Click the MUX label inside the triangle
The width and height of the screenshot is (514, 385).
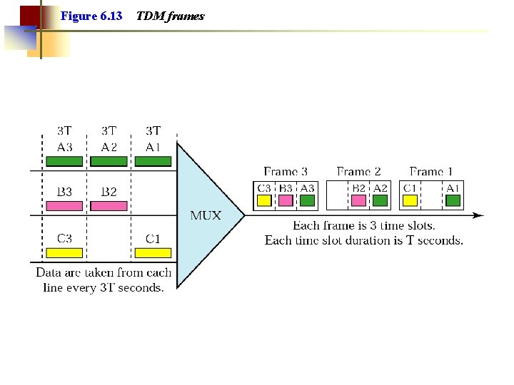[x=206, y=215]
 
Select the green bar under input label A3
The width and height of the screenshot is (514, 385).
[x=64, y=161]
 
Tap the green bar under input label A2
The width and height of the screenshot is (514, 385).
[x=109, y=161]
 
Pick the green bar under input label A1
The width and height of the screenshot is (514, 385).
[x=153, y=161]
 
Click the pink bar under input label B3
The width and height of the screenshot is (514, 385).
[x=64, y=205]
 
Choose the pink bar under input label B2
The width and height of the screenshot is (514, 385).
[x=109, y=205]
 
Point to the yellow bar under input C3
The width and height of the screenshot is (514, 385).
[x=64, y=252]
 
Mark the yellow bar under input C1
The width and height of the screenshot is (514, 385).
[x=153, y=252]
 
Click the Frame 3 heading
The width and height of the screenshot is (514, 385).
[x=286, y=172]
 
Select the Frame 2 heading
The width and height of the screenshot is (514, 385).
[x=358, y=172]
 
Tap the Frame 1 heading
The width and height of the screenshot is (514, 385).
[x=431, y=172]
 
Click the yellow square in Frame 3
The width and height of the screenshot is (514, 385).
[x=264, y=200]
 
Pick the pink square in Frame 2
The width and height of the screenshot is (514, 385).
[x=358, y=200]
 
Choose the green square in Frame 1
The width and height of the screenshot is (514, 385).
[x=453, y=200]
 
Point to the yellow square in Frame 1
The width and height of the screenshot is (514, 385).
[x=410, y=200]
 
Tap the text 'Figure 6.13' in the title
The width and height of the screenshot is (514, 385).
[x=91, y=16]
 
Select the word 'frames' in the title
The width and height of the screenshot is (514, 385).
[x=188, y=16]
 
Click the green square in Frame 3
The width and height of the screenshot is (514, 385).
[x=307, y=200]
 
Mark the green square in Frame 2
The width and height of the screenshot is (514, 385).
[x=380, y=200]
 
